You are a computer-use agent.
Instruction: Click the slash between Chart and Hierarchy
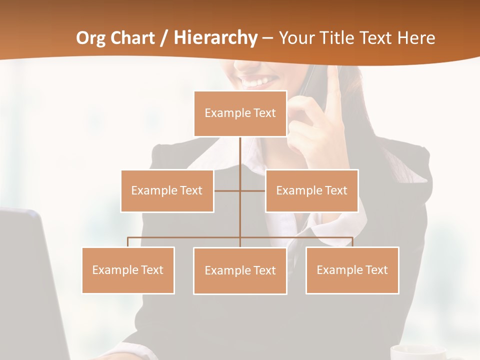(164, 38)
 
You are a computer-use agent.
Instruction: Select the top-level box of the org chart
(240, 113)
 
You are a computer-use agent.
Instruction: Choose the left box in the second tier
(167, 190)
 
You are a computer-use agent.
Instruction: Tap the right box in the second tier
(311, 190)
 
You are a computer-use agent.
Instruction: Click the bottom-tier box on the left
(128, 270)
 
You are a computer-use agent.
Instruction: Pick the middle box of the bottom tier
(240, 271)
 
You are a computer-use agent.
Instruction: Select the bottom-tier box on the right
(352, 270)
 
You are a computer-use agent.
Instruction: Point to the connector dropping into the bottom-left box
(128, 242)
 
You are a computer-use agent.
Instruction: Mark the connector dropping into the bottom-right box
(352, 242)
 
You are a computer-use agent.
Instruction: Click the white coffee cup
(417, 352)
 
